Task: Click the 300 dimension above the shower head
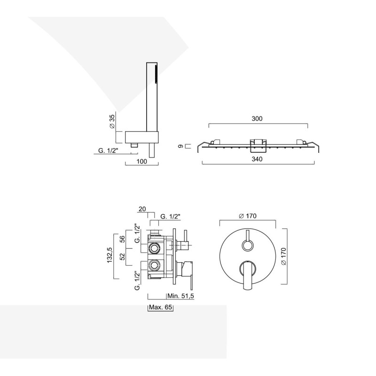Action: pos(257,119)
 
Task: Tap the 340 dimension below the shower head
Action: pos(257,159)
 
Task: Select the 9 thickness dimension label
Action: pos(181,146)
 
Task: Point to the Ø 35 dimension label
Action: pos(112,122)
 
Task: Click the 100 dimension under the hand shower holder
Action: pos(142,161)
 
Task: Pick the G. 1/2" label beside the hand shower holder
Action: pos(109,150)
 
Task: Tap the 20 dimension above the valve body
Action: pos(142,209)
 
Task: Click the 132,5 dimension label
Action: pos(110,255)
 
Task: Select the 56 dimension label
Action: pos(123,239)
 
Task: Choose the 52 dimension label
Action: pos(123,257)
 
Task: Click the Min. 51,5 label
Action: pos(180,296)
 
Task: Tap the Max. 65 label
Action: pos(160,307)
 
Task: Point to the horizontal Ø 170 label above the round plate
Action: pos(248,216)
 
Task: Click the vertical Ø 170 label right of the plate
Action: pos(283,256)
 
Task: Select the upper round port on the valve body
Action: pos(154,248)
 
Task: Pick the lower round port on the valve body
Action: pos(154,265)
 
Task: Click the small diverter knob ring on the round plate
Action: pos(248,246)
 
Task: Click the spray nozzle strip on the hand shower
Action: pos(157,74)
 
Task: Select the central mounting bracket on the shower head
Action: pos(258,146)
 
